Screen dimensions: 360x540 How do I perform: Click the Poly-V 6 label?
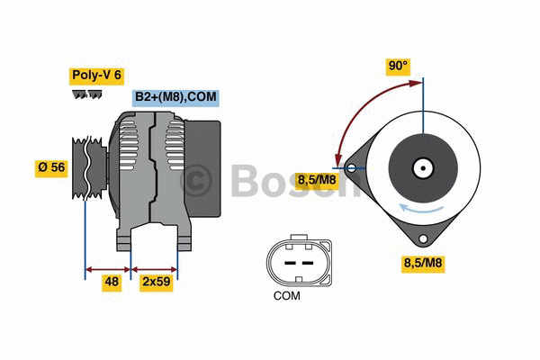[x=97, y=76]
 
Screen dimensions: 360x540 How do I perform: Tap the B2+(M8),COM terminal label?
[x=176, y=97]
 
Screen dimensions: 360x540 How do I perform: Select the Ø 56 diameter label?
[x=51, y=167]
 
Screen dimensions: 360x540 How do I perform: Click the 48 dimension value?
[x=112, y=282]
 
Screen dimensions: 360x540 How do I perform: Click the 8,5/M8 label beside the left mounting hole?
[x=317, y=181]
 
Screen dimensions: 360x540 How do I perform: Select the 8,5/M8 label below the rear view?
[x=421, y=263]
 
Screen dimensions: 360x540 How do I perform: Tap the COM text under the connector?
[x=286, y=295]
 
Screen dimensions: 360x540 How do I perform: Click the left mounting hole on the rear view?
[x=350, y=166]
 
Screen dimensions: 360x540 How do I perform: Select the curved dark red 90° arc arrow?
[x=360, y=108]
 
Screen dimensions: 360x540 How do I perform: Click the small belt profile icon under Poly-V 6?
[x=86, y=94]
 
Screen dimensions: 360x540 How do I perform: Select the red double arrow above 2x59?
[x=154, y=268]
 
